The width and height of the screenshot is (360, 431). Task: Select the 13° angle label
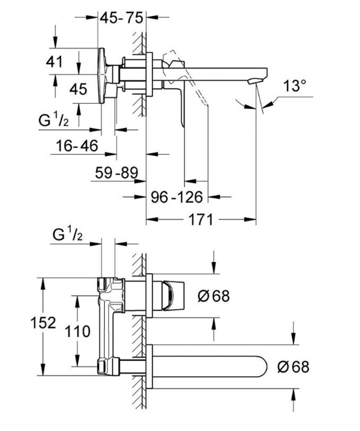[293, 87]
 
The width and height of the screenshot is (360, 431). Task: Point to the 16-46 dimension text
[77, 146]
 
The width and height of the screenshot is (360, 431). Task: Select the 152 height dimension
[44, 323]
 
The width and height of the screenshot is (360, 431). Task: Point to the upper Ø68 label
[213, 296]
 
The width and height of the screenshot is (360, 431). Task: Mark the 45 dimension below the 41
[77, 89]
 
